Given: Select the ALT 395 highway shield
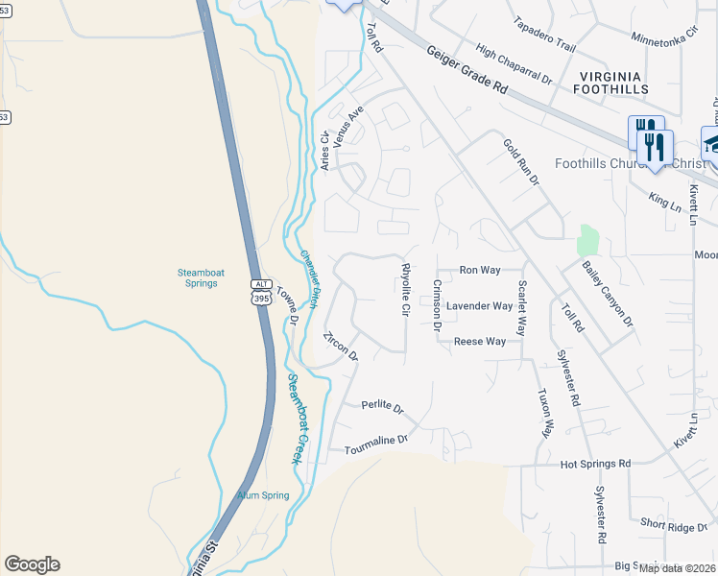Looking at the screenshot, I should pos(261,292).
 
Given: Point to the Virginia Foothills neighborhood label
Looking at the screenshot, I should pos(612,82).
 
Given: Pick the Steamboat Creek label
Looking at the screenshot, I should pos(299,419).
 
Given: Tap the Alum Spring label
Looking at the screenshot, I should pos(263,495).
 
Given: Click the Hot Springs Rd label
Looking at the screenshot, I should pos(595,464).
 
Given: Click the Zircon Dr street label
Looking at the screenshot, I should pos(341,346).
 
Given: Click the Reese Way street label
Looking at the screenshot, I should pos(480,341).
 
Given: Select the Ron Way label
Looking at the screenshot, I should pos(480,271).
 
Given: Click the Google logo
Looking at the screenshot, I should pos(32,564).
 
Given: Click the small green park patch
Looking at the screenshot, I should pos(588,241).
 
